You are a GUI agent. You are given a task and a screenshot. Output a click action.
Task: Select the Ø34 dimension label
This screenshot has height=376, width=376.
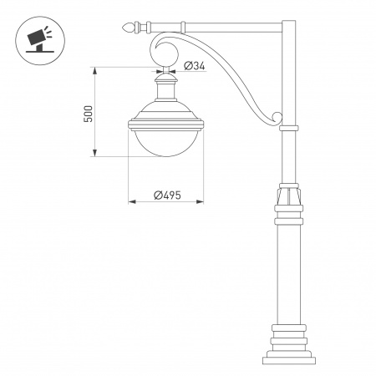point(194,66)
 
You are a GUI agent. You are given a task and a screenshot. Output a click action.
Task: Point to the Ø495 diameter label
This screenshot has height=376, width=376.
point(168,194)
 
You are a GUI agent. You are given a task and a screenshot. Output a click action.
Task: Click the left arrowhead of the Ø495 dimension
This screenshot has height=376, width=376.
point(130,201)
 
